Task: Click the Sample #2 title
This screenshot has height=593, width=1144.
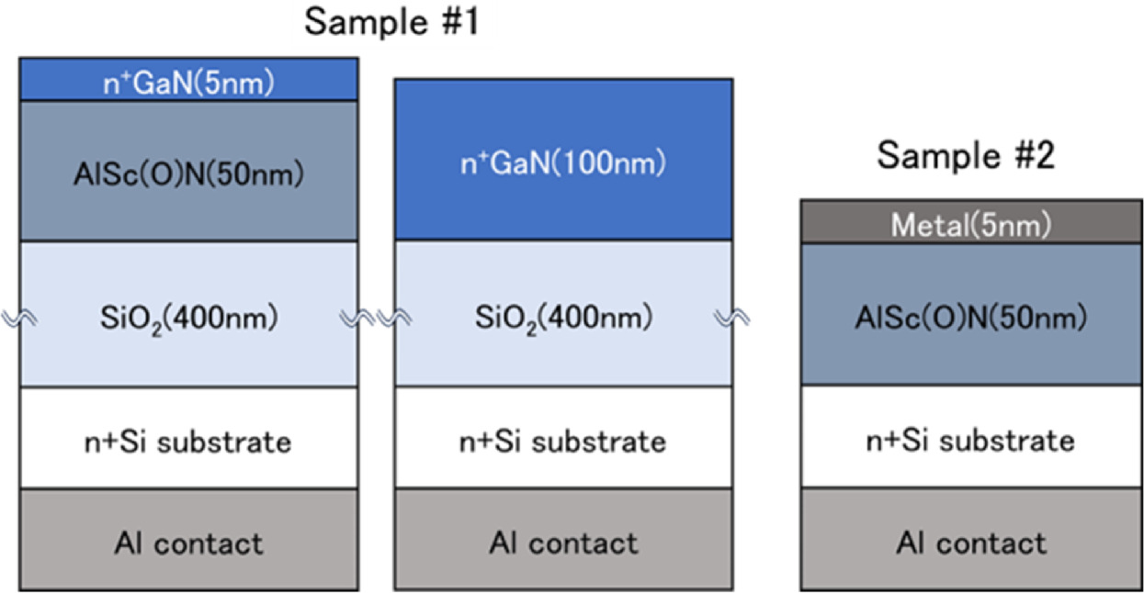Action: (966, 155)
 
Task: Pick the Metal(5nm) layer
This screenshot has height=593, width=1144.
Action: (971, 222)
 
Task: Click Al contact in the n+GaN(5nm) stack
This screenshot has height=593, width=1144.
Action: (188, 542)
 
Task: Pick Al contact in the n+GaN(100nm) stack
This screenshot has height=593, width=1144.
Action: (563, 542)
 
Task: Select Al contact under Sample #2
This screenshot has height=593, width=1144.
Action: (971, 542)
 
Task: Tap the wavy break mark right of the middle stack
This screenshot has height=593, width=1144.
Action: (733, 318)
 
